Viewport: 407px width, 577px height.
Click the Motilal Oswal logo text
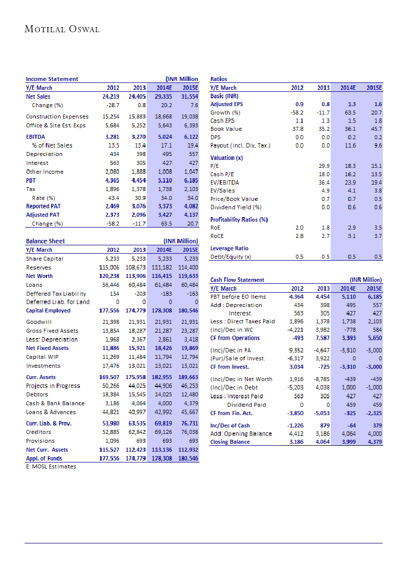pyautogui.click(x=62, y=29)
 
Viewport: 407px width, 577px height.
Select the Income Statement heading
pyautogui.click(x=52, y=78)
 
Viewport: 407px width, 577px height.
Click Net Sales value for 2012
pyautogui.click(x=105, y=97)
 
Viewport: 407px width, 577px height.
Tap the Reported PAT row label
pyautogui.click(x=44, y=206)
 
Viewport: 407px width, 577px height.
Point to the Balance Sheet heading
pyautogui.click(x=45, y=241)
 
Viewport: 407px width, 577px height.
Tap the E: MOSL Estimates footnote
pyautogui.click(x=51, y=466)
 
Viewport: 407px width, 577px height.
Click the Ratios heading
pyautogui.click(x=218, y=78)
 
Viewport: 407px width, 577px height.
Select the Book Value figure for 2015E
pyautogui.click(x=377, y=129)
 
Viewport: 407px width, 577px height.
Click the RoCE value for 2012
pyautogui.click(x=299, y=236)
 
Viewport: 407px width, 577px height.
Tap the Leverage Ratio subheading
pyautogui.click(x=229, y=248)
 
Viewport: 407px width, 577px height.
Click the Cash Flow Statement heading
pyautogui.click(x=237, y=280)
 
